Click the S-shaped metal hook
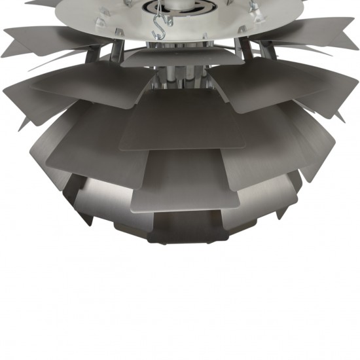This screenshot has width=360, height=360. tap(158, 27)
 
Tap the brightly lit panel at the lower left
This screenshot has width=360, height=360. tap(98, 203)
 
